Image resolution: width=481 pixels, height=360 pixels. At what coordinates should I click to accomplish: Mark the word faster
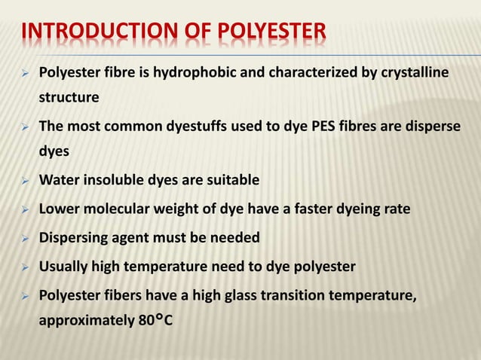tap(322, 209)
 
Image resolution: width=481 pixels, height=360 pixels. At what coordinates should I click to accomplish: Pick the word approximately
tap(83, 320)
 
